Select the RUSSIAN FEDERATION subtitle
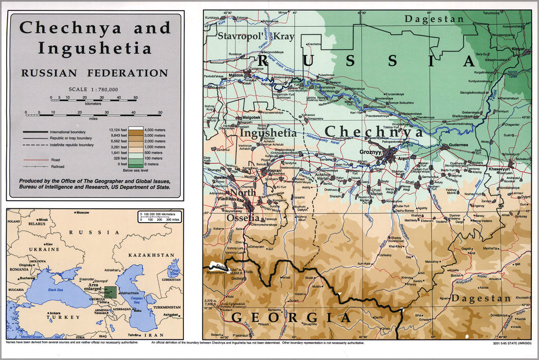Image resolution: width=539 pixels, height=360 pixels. tap(95, 73)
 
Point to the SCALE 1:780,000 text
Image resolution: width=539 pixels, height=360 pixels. tap(94, 89)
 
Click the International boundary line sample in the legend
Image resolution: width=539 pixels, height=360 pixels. tap(35, 132)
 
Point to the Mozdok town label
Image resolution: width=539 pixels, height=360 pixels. tap(236, 75)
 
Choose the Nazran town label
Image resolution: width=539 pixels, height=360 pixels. tap(275, 169)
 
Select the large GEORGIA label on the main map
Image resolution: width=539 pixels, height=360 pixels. tap(291, 317)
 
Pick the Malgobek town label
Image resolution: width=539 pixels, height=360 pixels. tap(251, 117)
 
